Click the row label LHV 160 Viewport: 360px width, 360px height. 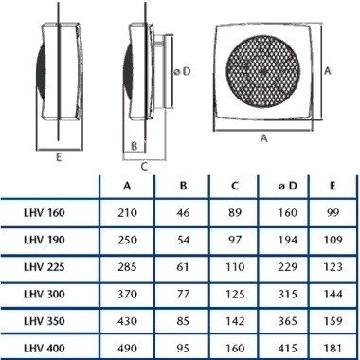[45, 213]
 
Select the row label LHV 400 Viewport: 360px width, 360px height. [45, 349]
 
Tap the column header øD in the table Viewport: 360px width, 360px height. [288, 186]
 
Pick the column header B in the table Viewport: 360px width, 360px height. [183, 186]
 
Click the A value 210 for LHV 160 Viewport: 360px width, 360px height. [127, 213]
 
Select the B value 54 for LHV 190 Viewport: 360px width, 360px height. [183, 240]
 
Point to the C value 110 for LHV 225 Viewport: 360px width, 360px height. [235, 267]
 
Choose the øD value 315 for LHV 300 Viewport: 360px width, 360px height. [288, 295]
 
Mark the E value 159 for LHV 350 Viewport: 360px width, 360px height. [333, 321]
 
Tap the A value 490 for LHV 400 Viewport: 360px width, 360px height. [127, 349]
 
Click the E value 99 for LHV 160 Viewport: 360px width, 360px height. [333, 213]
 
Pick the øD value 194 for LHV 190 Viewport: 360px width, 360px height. [288, 240]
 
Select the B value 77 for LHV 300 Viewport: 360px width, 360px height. [183, 295]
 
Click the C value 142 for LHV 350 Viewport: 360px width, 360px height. [235, 321]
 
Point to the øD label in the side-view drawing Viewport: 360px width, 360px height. [183, 71]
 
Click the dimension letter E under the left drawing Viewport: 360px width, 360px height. [59, 157]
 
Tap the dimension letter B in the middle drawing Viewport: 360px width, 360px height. [134, 146]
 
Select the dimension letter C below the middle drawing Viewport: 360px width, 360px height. [144, 166]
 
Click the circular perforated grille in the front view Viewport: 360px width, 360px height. [263, 72]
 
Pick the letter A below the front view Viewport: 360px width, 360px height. [263, 138]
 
